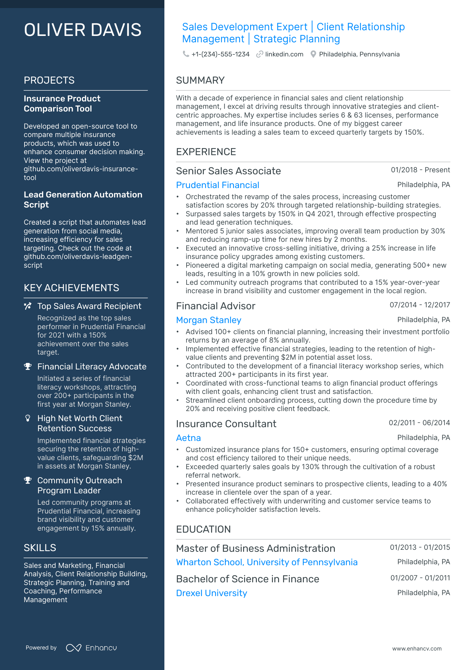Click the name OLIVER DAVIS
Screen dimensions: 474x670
[83, 30]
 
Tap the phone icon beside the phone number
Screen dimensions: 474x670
[186, 54]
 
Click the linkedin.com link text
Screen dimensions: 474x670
[284, 54]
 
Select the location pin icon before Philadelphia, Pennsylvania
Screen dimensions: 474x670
[313, 54]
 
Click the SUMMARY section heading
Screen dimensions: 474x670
[200, 81]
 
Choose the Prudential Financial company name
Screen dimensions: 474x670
[218, 185]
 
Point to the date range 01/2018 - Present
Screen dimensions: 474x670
[420, 170]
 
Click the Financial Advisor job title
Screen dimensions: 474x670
[215, 306]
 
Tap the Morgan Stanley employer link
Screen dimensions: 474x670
[208, 320]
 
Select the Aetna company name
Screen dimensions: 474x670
[188, 438]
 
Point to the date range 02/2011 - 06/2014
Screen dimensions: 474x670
[419, 423]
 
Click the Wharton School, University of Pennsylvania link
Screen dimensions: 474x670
[267, 562]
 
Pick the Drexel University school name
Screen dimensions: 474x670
[211, 593]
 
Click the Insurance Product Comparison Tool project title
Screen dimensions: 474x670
[62, 103]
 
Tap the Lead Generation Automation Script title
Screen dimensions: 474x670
[83, 199]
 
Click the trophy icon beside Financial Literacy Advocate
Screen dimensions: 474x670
[28, 366]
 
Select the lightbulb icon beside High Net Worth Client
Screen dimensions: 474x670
[28, 418]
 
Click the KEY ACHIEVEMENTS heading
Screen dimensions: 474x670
[71, 288]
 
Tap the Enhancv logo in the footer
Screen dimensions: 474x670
[91, 648]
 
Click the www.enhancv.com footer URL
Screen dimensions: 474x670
[417, 649]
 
